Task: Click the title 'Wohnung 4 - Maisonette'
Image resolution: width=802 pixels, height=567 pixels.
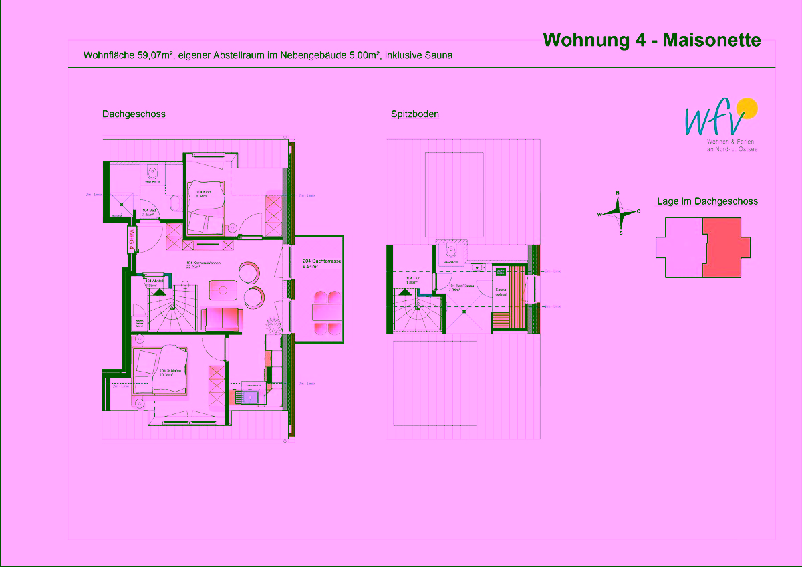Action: (652, 40)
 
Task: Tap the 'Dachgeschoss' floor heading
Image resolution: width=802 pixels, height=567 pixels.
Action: (134, 114)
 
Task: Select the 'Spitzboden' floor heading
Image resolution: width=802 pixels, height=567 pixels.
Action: (415, 114)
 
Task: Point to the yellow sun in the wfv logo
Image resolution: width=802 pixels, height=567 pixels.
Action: (747, 108)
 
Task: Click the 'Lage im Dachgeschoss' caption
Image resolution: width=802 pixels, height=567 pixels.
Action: (707, 201)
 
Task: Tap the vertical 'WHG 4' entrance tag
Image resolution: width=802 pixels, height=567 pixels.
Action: (132, 239)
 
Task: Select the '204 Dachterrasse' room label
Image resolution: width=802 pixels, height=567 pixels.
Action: (317, 263)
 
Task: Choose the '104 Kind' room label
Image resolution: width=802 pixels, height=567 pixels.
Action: (203, 193)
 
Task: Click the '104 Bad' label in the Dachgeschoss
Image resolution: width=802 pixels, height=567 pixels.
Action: (148, 213)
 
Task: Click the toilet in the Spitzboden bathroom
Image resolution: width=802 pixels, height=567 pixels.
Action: (452, 253)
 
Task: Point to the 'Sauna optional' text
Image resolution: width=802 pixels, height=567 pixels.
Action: (501, 292)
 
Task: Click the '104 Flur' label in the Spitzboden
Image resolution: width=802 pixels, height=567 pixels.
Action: (412, 279)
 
